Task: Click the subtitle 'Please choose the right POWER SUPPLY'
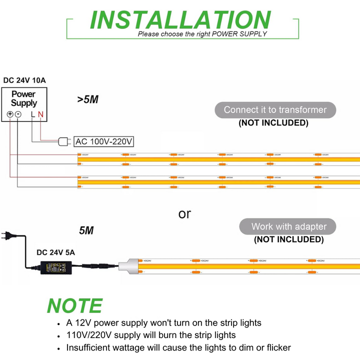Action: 202,34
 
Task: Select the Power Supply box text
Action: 24,98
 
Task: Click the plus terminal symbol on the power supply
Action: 10,114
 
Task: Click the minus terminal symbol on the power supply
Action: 17,114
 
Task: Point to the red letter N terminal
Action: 40,114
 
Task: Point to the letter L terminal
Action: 32,114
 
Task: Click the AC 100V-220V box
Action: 103,141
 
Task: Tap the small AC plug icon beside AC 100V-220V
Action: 64,141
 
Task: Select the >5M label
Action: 87,99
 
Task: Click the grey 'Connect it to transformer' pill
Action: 275,110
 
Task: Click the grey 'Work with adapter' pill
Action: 288,226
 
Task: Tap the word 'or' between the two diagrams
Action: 184,214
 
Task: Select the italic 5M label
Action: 86,231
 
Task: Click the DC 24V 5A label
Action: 55,252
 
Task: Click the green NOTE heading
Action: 74,305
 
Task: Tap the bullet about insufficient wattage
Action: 178,347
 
